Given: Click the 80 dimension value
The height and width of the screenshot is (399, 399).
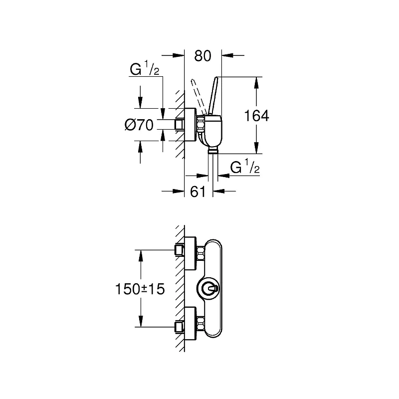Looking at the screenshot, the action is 202,56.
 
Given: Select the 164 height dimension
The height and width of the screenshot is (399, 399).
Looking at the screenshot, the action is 256,116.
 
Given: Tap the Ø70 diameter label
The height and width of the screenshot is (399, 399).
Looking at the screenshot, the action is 139,125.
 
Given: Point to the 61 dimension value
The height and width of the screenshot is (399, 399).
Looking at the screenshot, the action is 198,192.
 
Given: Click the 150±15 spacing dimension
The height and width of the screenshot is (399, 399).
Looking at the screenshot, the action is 140,289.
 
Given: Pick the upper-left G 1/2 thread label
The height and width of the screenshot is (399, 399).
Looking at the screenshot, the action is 144,68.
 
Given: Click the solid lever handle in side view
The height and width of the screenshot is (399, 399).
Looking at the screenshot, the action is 214,96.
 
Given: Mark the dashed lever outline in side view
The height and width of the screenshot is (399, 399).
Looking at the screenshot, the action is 199,97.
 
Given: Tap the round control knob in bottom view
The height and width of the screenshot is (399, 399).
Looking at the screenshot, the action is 208,289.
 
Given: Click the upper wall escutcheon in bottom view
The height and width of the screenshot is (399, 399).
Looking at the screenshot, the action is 191,253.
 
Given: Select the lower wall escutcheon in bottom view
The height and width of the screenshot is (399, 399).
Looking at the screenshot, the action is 191,323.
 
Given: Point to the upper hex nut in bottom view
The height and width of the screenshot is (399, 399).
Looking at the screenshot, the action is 201,253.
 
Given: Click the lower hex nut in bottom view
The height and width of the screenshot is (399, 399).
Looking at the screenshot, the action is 201,323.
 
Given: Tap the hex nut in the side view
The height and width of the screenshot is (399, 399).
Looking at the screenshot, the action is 200,124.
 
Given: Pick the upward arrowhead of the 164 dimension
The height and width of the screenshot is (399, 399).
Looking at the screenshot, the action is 256,83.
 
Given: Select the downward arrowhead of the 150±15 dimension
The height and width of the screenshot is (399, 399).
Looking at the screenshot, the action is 140,321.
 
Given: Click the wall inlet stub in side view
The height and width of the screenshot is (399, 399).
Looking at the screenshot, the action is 180,124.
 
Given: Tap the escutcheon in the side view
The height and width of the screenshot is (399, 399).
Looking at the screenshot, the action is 191,124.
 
